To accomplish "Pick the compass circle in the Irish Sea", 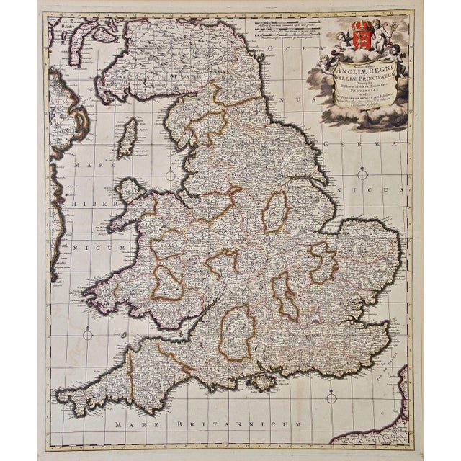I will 170,174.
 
